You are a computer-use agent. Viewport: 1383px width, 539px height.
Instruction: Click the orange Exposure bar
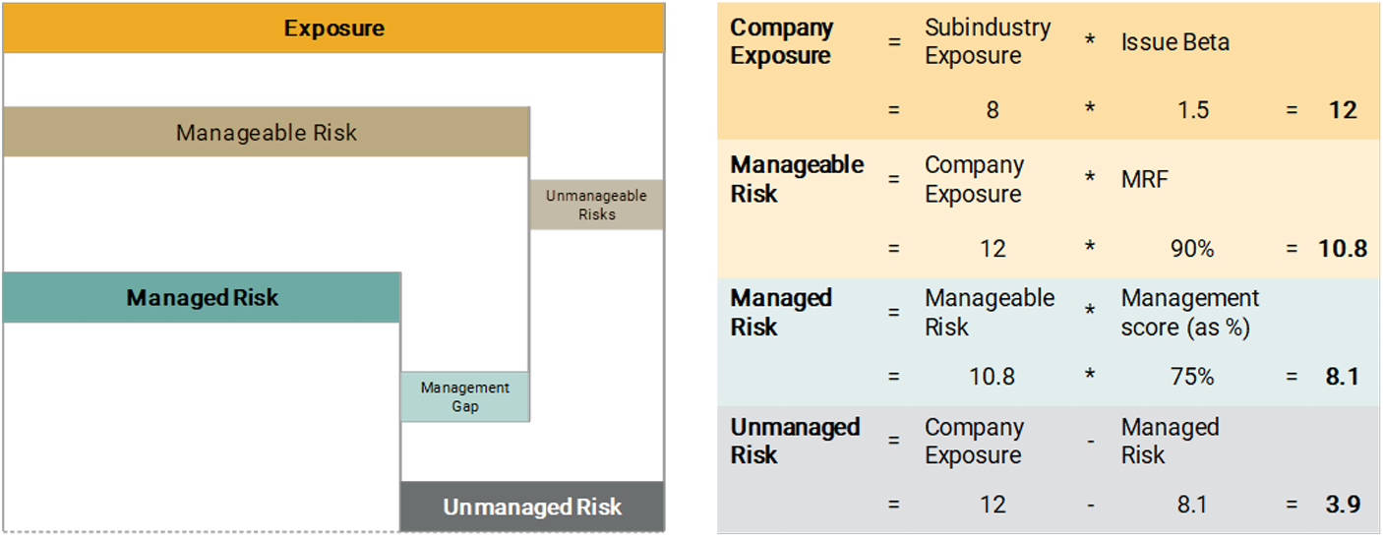pos(333,28)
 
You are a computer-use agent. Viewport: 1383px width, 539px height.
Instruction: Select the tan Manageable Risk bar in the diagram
pos(266,132)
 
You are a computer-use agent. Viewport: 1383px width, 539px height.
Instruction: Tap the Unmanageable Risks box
pos(596,205)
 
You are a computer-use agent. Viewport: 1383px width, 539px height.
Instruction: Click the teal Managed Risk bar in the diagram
pos(202,297)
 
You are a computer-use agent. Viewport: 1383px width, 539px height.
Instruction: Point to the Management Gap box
pos(464,396)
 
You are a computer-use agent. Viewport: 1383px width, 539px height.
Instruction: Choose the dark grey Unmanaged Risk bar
pos(532,507)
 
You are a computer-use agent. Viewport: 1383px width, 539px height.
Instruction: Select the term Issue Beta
pos(1174,42)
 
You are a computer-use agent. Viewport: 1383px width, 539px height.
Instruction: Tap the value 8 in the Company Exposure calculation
pos(992,110)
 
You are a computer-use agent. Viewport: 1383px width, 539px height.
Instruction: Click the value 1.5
pos(1192,110)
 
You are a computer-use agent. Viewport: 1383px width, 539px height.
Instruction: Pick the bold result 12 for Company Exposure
pos(1341,110)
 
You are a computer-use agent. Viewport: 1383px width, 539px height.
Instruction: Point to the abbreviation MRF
pos(1145,179)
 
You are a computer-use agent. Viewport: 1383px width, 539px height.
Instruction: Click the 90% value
pos(1192,249)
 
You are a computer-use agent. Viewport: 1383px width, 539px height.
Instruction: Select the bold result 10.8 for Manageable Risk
pos(1342,249)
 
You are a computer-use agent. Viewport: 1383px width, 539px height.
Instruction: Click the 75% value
pos(1192,377)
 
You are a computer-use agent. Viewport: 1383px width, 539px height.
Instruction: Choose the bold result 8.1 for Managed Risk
pos(1342,377)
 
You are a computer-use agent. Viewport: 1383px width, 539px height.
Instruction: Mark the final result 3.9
pos(1342,505)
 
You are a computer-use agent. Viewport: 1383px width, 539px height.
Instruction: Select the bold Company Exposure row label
pos(781,42)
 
